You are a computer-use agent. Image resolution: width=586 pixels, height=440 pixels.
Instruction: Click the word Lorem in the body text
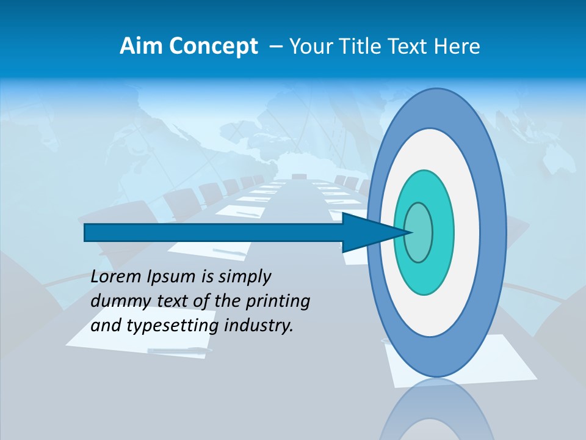116,277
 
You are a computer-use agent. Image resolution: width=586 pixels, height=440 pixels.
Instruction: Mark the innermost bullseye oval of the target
418,232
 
